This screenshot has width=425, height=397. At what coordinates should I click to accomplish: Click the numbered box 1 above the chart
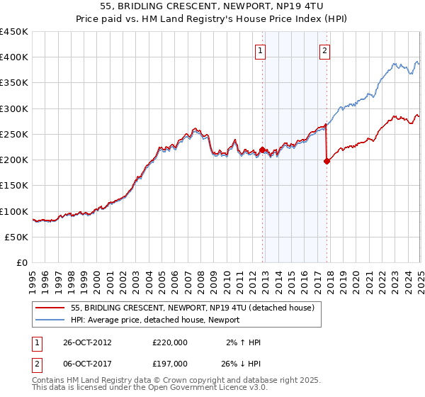point(261,50)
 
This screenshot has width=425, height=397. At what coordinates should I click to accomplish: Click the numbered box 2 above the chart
point(324,50)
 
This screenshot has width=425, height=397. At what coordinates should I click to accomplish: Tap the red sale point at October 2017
point(327,161)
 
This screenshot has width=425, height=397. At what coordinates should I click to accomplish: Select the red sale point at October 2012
point(262,150)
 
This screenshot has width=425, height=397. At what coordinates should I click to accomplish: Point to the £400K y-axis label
point(14,57)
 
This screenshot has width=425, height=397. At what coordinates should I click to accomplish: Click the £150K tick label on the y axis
point(14,186)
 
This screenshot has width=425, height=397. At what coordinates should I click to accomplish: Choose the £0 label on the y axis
point(22,262)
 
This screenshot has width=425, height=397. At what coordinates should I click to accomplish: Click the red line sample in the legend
point(50,308)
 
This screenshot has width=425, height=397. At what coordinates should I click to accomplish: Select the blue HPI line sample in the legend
point(50,320)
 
